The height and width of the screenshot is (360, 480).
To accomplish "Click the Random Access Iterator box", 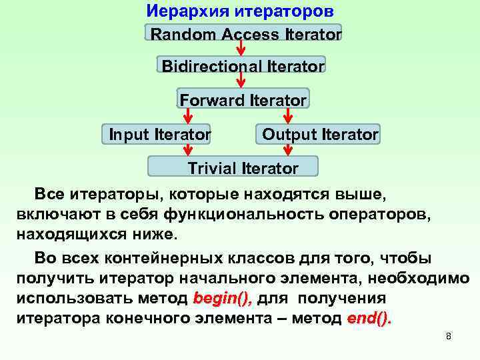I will pos(243,33).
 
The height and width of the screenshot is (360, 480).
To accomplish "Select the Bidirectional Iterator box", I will pos(242,65).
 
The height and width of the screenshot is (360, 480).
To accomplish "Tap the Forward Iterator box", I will pos(243,99).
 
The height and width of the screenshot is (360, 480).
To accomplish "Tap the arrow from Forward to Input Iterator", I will pos(189,116).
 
